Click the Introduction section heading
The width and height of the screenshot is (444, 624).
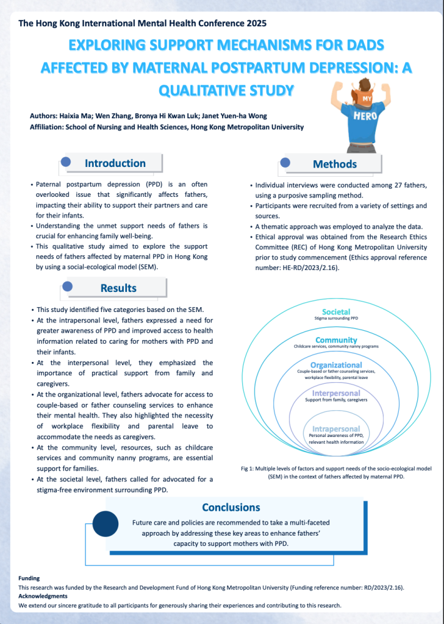coord(115,163)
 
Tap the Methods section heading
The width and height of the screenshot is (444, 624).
coord(334,164)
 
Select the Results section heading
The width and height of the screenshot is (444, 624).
coord(118,288)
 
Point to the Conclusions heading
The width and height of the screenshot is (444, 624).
coord(231,507)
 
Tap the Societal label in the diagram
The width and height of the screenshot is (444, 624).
coord(336,311)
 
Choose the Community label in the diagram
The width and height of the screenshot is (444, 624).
coord(336,339)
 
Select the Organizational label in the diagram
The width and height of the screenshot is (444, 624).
coord(336,365)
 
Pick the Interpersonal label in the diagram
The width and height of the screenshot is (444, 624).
coord(336,393)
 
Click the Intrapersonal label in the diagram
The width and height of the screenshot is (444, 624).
coord(336,429)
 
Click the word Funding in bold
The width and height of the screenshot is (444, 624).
coord(29,578)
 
